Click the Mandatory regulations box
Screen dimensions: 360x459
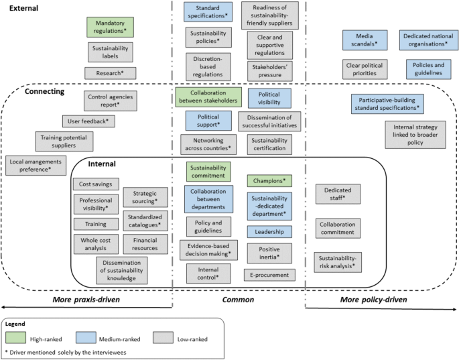click(x=111, y=27)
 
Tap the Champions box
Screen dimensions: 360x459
click(x=269, y=180)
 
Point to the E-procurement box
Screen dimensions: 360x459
click(x=269, y=274)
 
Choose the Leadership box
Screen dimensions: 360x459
click(x=269, y=231)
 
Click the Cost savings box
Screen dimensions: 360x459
click(x=94, y=184)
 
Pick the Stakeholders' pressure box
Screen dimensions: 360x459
click(x=273, y=70)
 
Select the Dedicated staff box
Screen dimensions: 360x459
click(x=338, y=194)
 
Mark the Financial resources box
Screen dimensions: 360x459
click(x=145, y=243)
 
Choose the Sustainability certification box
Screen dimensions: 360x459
click(x=269, y=144)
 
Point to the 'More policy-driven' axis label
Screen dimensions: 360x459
click(x=373, y=299)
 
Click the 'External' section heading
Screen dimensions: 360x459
click(x=20, y=8)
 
